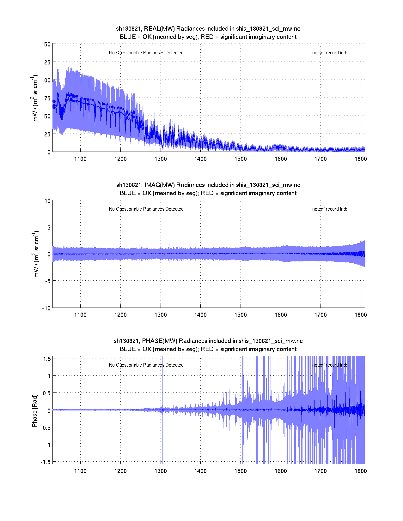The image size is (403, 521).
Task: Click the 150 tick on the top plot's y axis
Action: click(46, 45)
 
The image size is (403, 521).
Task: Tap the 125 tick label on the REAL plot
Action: click(46, 63)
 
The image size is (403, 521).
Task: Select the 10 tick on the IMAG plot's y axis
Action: click(47, 201)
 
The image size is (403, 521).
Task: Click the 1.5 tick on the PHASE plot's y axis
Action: click(47, 359)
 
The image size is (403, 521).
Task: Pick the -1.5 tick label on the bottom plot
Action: click(46, 462)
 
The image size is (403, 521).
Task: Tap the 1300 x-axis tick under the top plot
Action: click(161, 159)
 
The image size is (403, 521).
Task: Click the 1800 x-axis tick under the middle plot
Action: click(361, 315)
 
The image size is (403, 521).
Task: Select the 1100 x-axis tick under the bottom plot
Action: click(80, 471)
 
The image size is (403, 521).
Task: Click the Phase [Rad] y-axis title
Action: click(35, 410)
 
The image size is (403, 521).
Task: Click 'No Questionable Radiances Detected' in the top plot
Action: click(146, 53)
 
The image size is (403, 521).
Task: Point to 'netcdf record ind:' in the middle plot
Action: click(330, 209)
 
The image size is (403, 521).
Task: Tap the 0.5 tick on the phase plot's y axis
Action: click(47, 393)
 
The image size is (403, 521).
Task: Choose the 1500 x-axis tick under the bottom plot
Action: click(241, 471)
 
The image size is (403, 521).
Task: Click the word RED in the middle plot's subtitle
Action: click(207, 193)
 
